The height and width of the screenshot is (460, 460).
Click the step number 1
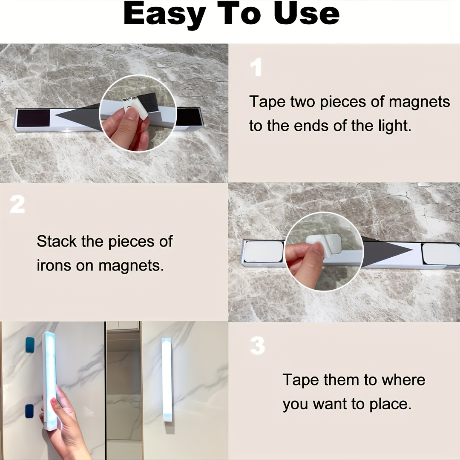(x=256, y=68)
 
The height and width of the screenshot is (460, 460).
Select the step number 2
(x=17, y=205)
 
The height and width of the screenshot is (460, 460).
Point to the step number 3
(x=257, y=346)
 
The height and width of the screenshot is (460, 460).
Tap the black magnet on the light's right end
(x=188, y=117)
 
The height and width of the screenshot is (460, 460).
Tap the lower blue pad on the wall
(x=29, y=411)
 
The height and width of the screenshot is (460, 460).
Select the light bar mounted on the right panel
(x=167, y=379)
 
